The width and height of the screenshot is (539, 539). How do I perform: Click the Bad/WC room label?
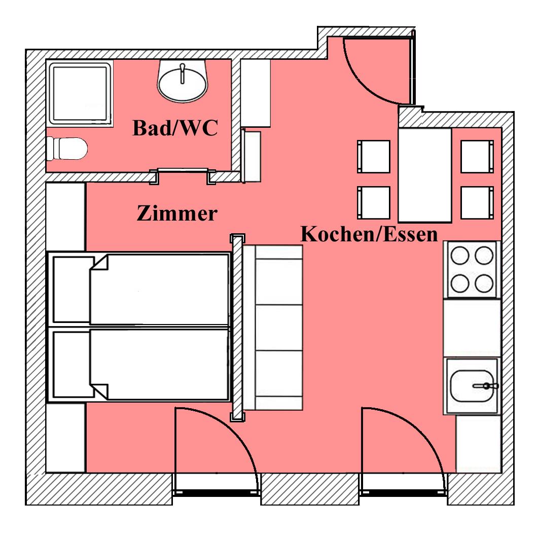pos(175,128)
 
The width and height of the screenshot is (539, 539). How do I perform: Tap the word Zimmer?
pos(177,213)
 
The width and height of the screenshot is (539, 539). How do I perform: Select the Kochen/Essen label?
pos(369,234)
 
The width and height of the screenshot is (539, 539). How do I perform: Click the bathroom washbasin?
pos(183,81)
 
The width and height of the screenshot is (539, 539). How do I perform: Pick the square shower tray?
pos(80,93)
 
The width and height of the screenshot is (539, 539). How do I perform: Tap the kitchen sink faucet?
pos(485,386)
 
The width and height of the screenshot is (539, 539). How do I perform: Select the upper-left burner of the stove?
pos(460,256)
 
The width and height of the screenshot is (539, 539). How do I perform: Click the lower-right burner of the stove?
pos(484,283)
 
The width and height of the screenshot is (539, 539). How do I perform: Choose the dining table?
pos(425,175)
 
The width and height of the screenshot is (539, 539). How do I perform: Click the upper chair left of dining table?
pos(374,156)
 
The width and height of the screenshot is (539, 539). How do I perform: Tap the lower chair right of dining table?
pos(477,203)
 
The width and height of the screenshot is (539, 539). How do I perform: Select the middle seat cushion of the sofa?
pos(279,327)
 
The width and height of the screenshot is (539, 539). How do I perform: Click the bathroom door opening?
pos(183,175)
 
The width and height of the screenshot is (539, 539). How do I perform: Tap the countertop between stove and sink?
pos(472,328)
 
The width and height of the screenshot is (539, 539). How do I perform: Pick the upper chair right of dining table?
pos(477,156)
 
